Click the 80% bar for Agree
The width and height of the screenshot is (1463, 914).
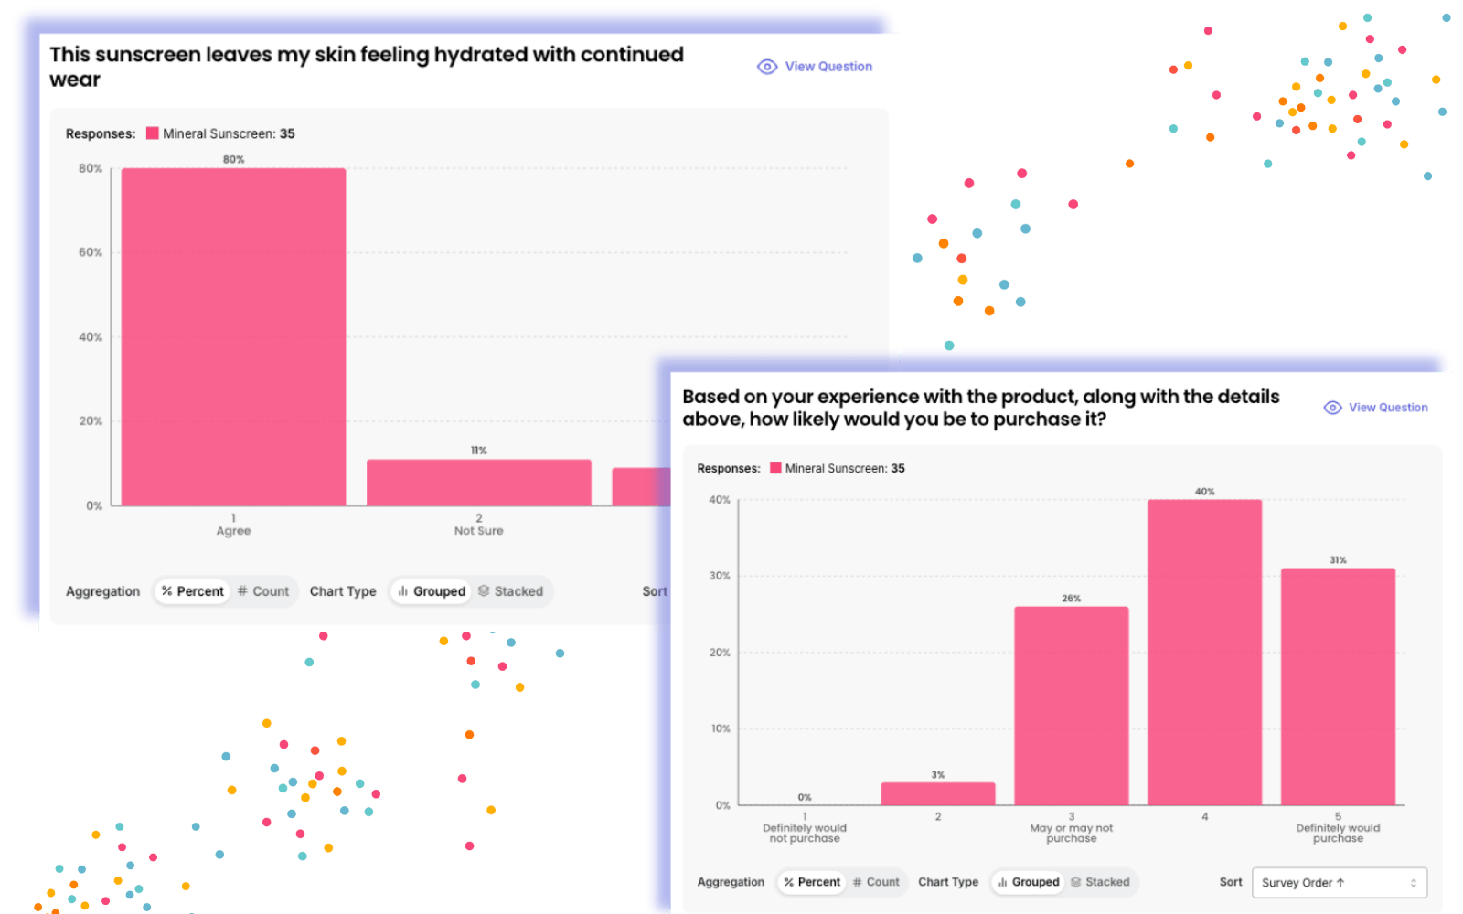233,337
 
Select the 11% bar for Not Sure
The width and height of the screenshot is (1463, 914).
479,483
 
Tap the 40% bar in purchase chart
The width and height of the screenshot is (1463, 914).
1204,653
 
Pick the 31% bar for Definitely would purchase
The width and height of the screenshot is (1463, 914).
1338,686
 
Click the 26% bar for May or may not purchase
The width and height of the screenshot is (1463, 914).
1071,706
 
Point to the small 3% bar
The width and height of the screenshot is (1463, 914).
938,794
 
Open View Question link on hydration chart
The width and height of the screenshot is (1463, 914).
815,67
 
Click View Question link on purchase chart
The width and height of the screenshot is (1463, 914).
1375,408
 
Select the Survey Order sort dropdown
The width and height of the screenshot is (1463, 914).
1339,883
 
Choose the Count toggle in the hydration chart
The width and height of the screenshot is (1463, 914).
263,591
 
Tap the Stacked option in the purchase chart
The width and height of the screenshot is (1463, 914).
1101,882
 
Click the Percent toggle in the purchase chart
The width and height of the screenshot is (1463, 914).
812,882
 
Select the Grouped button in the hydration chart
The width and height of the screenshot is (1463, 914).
431,591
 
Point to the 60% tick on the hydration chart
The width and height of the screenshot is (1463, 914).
91,252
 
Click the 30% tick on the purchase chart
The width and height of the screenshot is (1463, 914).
720,576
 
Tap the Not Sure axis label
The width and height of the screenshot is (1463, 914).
479,531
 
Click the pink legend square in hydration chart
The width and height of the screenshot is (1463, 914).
152,133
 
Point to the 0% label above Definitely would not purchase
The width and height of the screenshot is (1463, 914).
805,797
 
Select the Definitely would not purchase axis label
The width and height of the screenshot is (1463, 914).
805,833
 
